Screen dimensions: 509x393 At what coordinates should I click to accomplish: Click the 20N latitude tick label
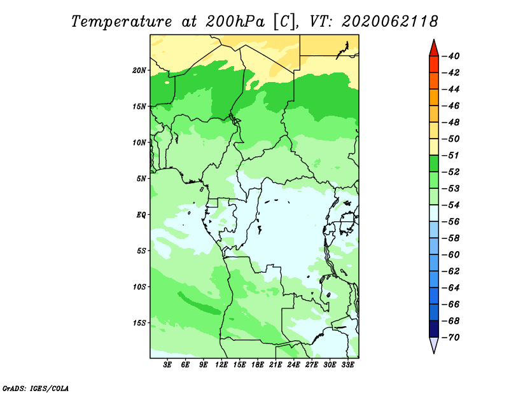tap(139, 71)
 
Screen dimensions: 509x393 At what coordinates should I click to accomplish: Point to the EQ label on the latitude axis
tap(141, 215)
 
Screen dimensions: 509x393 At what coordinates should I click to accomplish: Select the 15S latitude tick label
tap(139, 323)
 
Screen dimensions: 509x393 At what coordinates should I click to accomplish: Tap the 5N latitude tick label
tap(141, 179)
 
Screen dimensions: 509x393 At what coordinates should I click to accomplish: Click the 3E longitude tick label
tap(167, 364)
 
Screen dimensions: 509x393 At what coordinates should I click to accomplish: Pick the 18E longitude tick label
tap(258, 364)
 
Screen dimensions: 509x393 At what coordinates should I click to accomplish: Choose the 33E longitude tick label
tap(347, 364)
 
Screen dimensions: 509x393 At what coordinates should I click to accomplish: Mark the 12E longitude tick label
tap(221, 364)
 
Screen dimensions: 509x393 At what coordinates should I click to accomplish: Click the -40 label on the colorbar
tap(451, 56)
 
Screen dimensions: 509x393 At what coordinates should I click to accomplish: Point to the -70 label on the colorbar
tap(451, 338)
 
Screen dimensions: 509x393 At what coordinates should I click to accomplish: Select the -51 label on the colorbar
tap(451, 155)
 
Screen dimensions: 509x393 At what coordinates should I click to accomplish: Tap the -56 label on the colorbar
tap(451, 222)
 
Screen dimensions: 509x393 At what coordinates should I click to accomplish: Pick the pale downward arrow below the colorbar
tap(434, 345)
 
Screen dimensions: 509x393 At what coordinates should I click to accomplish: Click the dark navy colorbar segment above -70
tap(434, 329)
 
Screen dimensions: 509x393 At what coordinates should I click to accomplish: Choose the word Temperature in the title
tap(122, 22)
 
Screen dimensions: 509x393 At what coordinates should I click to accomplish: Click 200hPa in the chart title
tap(235, 22)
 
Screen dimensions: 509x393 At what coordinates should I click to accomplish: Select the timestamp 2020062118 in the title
tap(390, 22)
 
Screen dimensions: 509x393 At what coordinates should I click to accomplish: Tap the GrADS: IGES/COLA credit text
tap(36, 389)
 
